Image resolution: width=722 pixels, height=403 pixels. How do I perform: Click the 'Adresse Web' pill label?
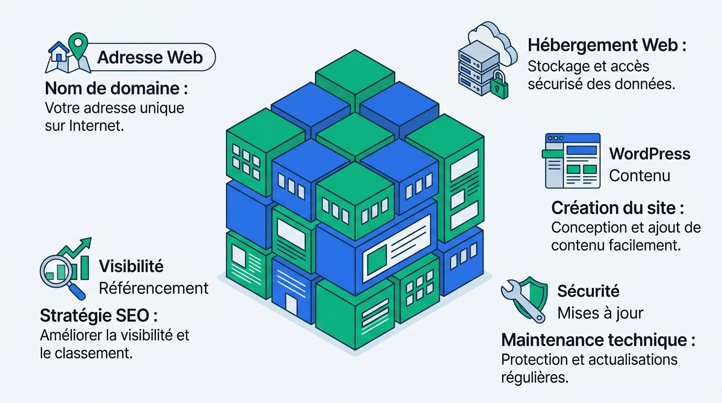coord(150,57)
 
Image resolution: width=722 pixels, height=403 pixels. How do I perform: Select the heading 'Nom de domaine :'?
coord(116,88)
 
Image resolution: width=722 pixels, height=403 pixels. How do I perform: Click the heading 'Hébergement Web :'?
coord(607,45)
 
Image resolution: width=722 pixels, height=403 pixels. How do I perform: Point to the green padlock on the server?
coord(499,85)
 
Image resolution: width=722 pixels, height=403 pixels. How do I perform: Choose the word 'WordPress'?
coord(650,154)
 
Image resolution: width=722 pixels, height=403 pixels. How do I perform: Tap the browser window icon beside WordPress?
coord(571,161)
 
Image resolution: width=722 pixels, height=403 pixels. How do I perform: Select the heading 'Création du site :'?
coord(618,208)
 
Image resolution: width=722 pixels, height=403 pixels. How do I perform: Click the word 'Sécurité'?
coord(588,291)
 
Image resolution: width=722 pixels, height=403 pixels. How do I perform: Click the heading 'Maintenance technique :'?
coord(598,340)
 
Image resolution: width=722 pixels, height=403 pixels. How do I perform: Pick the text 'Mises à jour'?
coord(600,313)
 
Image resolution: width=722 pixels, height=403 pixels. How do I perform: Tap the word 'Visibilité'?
coord(131,266)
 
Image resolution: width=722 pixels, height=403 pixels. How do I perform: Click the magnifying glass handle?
coord(77,291)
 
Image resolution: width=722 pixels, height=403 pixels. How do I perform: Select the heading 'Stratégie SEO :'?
coord(99,315)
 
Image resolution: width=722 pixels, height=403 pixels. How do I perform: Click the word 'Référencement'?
coord(153,288)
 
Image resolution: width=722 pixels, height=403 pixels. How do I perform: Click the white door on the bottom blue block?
coord(291,304)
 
